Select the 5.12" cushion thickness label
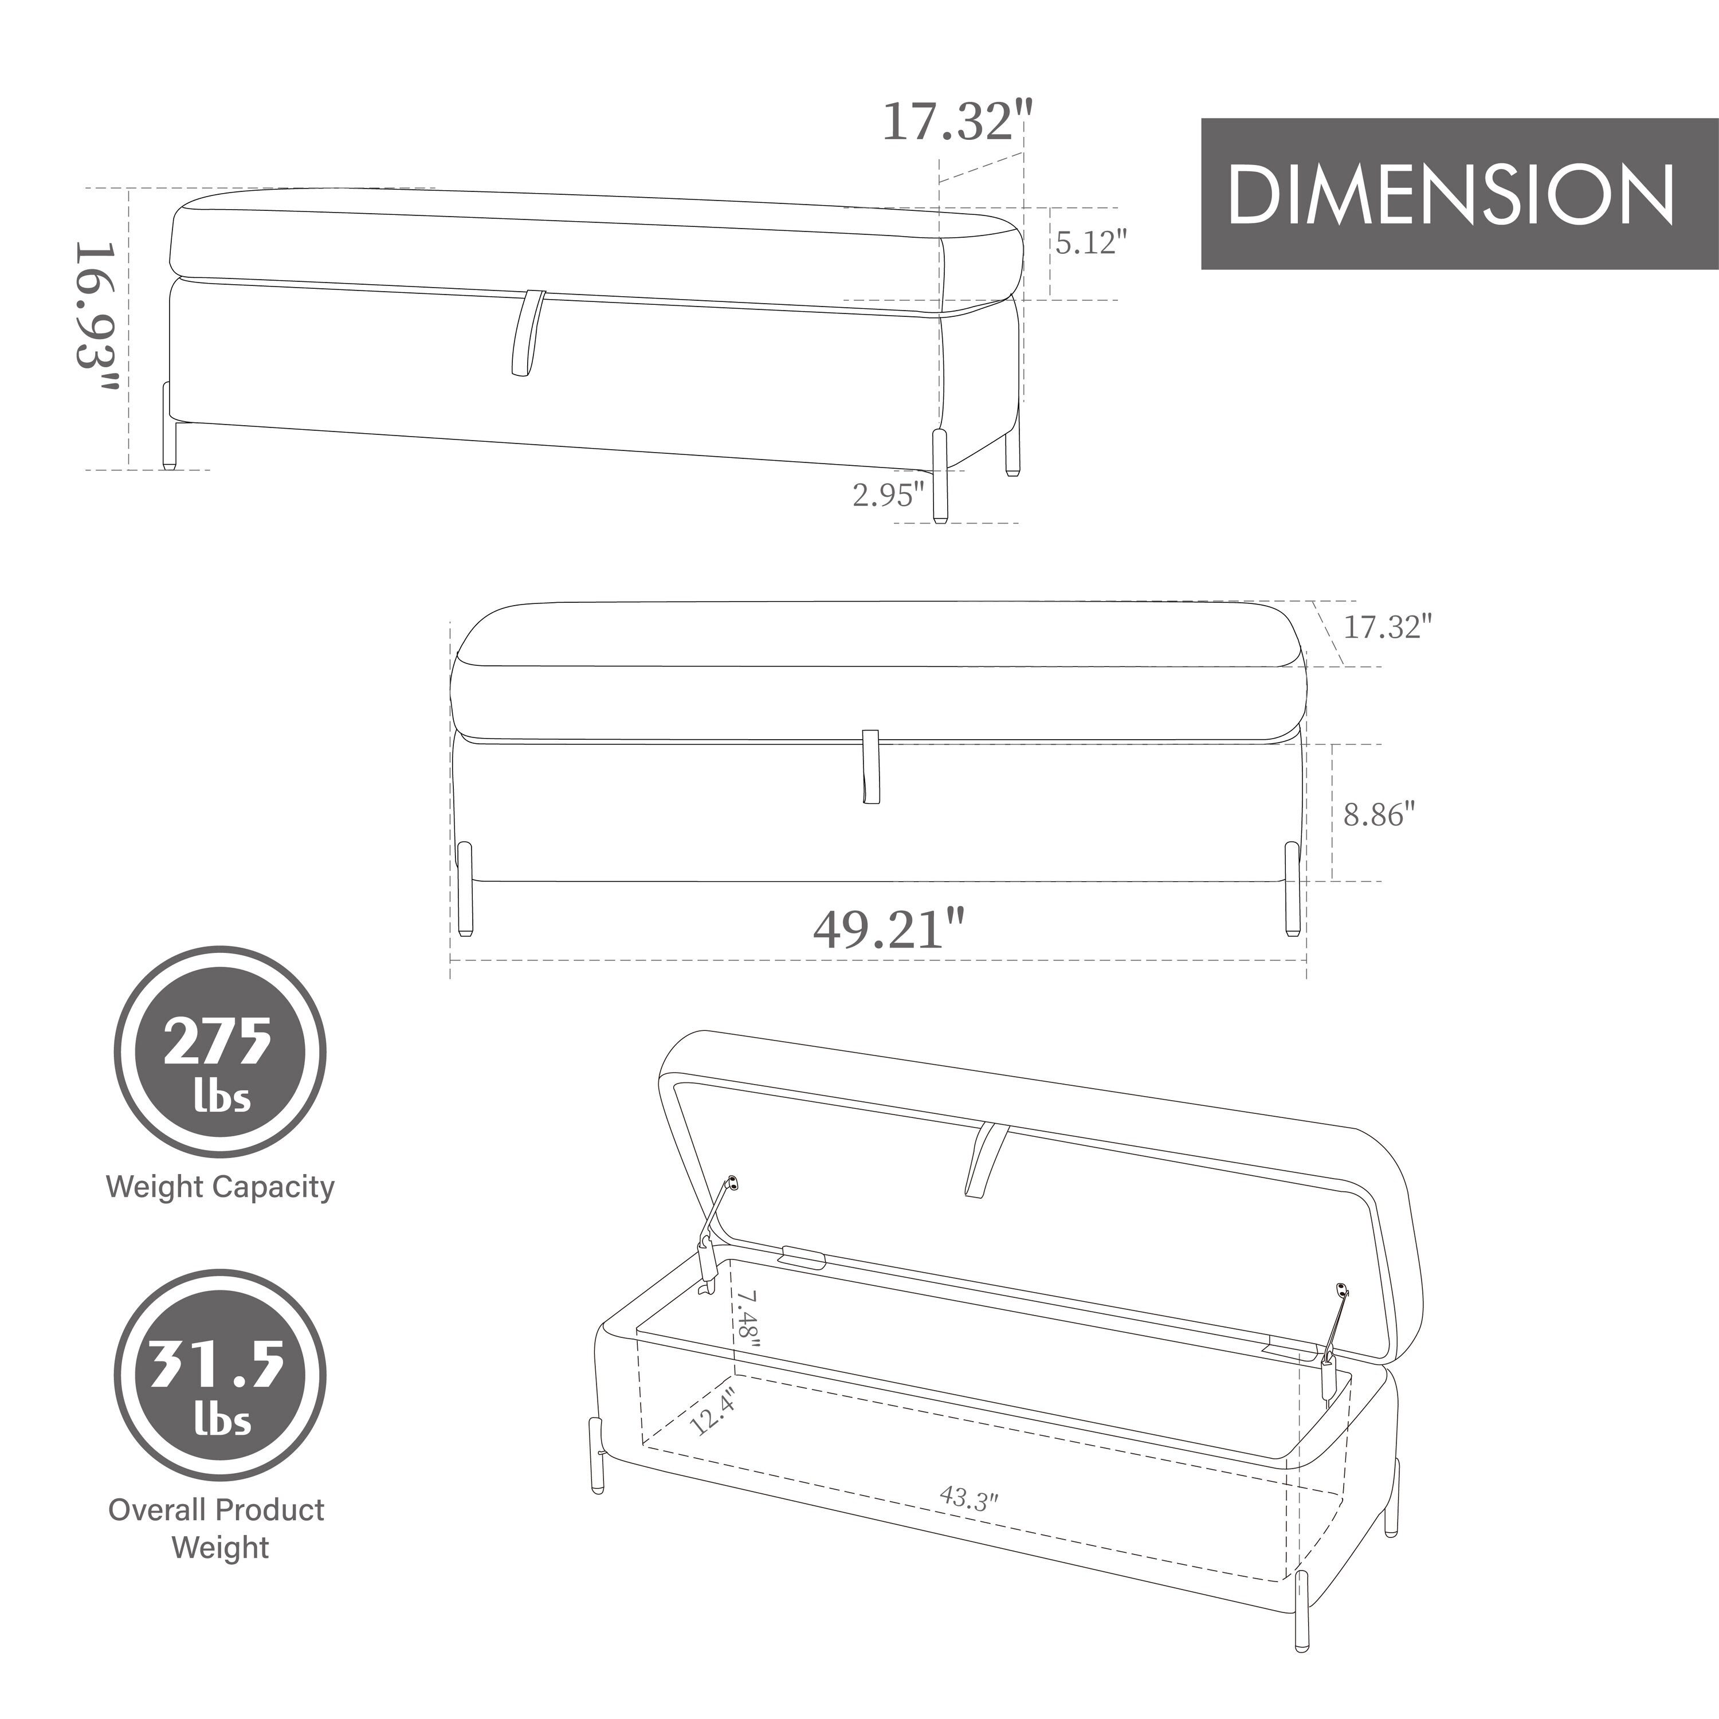click(x=1092, y=242)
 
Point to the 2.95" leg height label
click(x=889, y=494)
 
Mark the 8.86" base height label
click(x=1378, y=814)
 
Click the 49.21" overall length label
click(x=889, y=930)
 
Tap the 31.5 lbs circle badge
click(x=220, y=1375)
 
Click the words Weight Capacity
click(x=220, y=1187)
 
